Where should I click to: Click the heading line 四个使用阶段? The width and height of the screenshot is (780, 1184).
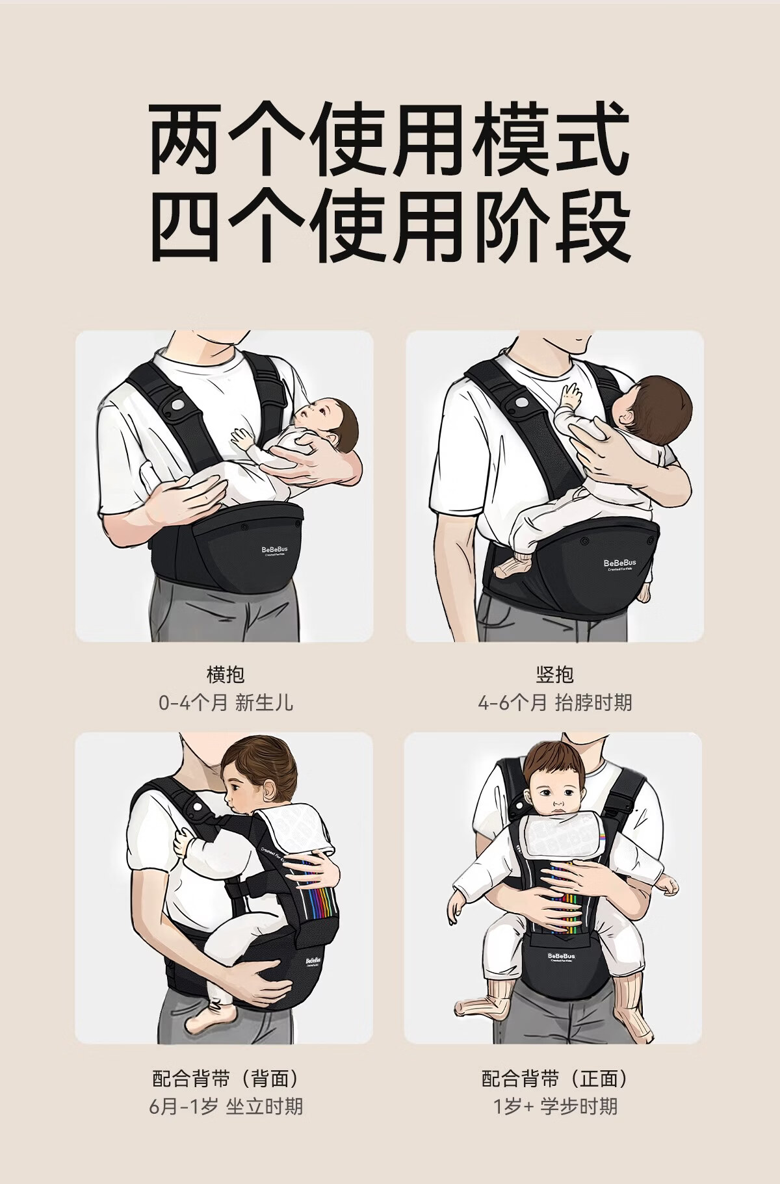tap(390, 225)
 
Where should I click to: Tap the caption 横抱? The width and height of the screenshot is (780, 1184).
tap(226, 675)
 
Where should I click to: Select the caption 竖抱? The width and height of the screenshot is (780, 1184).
tap(554, 675)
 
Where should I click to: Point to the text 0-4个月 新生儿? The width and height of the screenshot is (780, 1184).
tap(226, 702)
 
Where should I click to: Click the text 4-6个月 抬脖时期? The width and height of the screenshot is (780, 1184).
tap(554, 702)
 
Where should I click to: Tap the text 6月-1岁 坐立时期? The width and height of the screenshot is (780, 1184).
tap(226, 1107)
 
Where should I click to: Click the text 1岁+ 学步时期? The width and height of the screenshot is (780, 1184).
tap(554, 1107)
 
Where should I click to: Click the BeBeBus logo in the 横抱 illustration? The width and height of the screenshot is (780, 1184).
tap(278, 550)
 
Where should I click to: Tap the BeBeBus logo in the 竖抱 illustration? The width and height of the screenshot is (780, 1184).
tap(619, 563)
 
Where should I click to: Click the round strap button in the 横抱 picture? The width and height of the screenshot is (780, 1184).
tap(175, 405)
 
